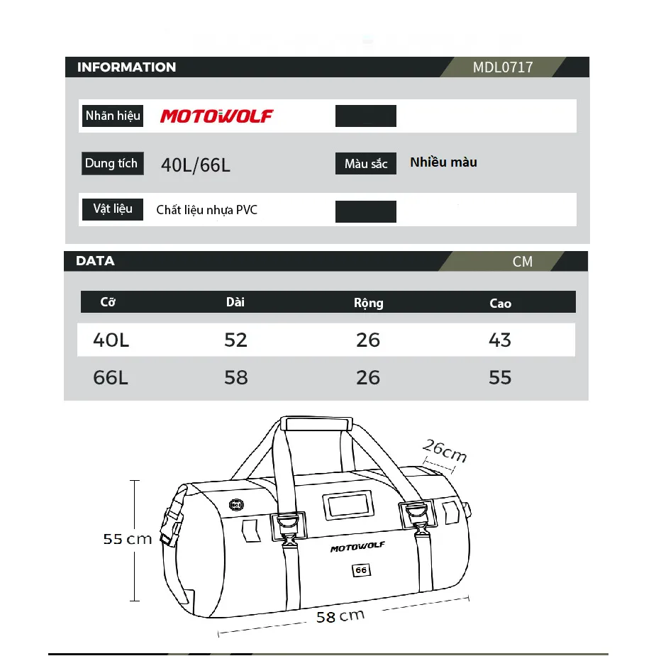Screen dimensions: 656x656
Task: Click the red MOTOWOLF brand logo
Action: point(216,116)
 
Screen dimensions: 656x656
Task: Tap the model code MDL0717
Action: point(503,67)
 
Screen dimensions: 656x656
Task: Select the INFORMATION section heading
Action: point(126,67)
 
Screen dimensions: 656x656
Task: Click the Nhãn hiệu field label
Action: point(113,116)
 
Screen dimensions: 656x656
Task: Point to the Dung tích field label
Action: point(111,164)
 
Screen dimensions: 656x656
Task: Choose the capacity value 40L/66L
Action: point(196,165)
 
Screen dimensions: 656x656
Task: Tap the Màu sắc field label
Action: point(366,164)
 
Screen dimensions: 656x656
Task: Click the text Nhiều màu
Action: point(443,162)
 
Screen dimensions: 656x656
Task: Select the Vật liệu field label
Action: point(113,209)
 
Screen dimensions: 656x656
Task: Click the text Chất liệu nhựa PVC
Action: point(207,210)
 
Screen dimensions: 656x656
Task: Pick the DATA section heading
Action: point(95,261)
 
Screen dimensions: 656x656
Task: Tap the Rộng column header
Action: point(368,303)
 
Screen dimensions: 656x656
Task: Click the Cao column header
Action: point(500,304)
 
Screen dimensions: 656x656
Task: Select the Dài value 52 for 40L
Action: point(235,340)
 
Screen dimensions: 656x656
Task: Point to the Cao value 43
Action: point(500,340)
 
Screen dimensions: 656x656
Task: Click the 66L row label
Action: point(111,377)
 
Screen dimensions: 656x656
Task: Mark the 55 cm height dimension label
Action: point(128,539)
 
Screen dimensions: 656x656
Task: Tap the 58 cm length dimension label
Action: point(340,616)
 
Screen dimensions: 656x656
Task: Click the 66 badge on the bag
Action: point(361,570)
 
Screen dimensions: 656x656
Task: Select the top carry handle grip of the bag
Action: point(318,423)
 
